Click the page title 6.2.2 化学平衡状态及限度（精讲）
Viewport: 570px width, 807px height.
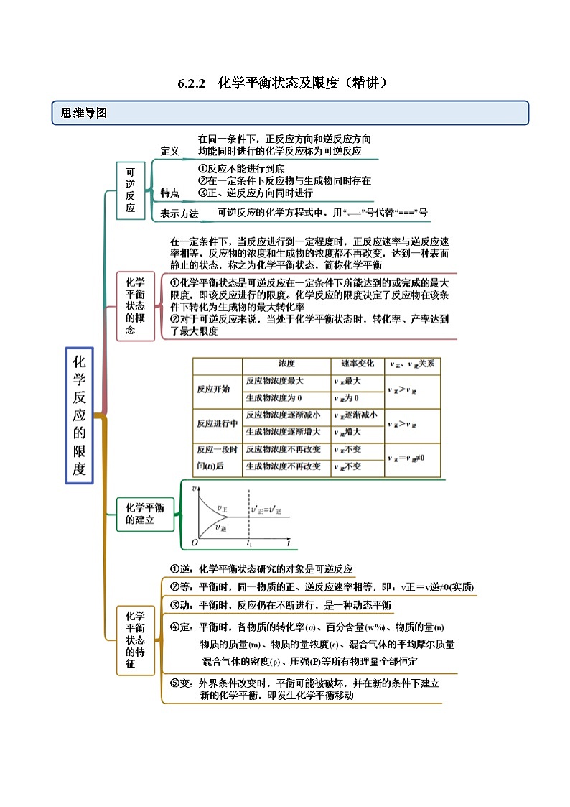click(x=284, y=83)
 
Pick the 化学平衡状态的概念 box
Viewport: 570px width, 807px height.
click(x=131, y=305)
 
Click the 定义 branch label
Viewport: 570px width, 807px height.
click(x=169, y=151)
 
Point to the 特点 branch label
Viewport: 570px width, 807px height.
click(x=169, y=193)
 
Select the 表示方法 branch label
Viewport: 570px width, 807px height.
click(x=179, y=213)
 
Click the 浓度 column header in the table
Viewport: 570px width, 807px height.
click(x=286, y=364)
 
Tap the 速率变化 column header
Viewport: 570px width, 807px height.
click(x=354, y=364)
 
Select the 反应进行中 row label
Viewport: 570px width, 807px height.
click(x=217, y=423)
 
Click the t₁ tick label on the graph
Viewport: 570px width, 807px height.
click(x=250, y=543)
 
